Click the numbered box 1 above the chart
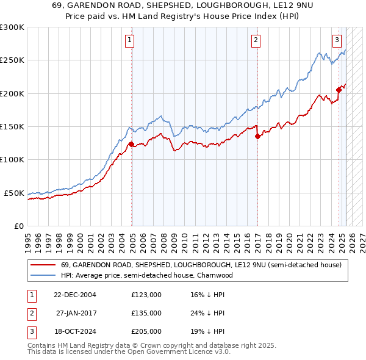coord(131,41)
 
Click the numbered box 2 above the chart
coord(256,41)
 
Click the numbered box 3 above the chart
coord(337,41)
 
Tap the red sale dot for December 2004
coord(131,145)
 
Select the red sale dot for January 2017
coord(257,137)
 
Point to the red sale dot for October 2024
coord(339,90)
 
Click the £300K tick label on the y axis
coord(12,27)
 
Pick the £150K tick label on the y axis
coord(12,127)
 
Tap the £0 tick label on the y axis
coord(17,226)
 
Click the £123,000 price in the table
coord(146,295)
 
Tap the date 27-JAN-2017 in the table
coord(76,313)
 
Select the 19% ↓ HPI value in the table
coord(208,331)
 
